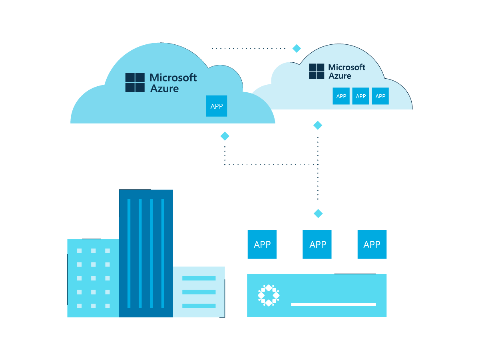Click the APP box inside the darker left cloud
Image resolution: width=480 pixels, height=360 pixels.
(216, 106)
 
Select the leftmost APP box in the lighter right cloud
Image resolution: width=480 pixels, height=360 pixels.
(341, 96)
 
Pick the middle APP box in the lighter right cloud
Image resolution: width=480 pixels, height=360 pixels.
(360, 96)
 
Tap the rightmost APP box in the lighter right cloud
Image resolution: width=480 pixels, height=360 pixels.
(380, 96)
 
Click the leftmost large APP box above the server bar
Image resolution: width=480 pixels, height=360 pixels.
(262, 244)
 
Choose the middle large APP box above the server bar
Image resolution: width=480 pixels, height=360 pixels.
(317, 244)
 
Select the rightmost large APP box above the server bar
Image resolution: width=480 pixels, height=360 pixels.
(372, 244)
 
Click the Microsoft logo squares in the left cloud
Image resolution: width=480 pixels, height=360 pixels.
(135, 83)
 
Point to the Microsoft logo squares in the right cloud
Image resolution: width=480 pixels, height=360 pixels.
(317, 71)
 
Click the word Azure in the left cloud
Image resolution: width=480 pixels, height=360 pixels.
(164, 89)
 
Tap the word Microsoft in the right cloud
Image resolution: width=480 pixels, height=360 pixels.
(347, 67)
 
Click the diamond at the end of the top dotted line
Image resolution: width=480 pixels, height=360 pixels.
(297, 48)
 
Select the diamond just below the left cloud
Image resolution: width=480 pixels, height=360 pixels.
(225, 136)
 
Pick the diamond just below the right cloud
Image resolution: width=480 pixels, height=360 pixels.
(317, 125)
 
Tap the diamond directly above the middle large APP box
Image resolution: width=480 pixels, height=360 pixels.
(318, 213)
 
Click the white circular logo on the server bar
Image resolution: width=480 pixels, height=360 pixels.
(269, 295)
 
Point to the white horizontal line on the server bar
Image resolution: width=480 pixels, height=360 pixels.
(333, 304)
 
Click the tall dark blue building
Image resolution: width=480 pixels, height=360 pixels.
(146, 253)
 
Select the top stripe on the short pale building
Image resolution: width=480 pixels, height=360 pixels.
(199, 278)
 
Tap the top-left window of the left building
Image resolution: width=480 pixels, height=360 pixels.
(80, 251)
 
